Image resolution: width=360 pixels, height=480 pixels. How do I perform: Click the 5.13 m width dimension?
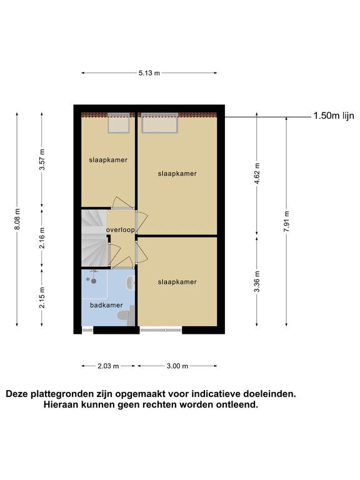point(149,73)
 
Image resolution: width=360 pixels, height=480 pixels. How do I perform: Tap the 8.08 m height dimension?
point(17,219)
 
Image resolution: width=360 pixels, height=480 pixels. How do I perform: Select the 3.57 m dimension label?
point(42,159)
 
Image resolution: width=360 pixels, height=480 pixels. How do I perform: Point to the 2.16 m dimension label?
point(42,238)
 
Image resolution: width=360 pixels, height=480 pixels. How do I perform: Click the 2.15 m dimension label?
point(42,297)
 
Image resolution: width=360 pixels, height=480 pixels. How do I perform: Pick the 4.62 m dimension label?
point(257,173)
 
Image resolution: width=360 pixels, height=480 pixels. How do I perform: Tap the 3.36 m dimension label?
point(257,282)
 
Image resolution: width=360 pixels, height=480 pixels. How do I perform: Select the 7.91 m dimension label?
point(286,222)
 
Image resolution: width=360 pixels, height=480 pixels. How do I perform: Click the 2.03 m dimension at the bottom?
point(108,366)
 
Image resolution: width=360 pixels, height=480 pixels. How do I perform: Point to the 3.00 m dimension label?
point(177,366)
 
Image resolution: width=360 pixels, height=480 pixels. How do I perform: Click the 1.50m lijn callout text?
point(334,116)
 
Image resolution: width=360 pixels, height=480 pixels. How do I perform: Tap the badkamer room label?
point(106,305)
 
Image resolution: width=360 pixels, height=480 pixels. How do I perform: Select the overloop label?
point(120,230)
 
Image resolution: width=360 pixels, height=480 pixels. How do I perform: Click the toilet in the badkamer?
point(127,316)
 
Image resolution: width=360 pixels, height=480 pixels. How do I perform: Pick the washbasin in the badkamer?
point(131,283)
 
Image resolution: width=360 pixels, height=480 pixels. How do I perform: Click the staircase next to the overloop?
point(94,238)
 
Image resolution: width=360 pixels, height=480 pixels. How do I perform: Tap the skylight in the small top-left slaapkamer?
point(119,123)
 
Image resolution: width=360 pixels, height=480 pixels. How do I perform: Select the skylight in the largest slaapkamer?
point(159,123)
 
